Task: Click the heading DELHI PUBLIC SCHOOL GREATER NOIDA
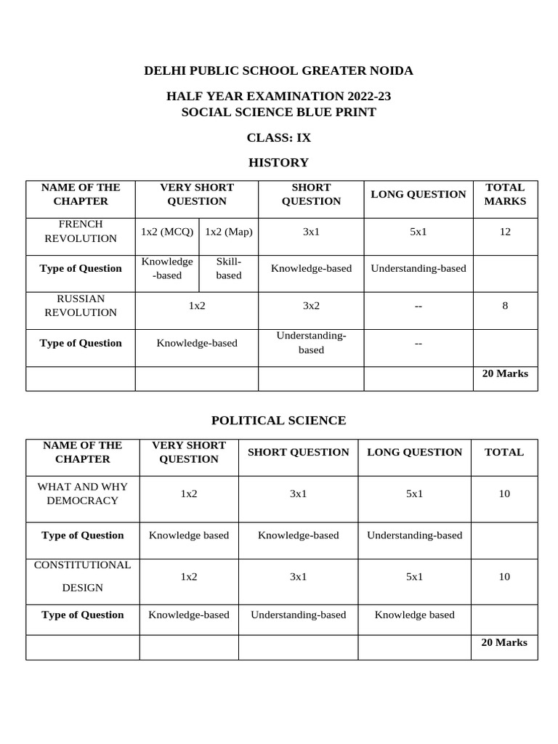pyautogui.click(x=278, y=70)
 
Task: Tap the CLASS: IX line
pyautogui.click(x=278, y=137)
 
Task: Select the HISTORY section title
pyautogui.click(x=278, y=163)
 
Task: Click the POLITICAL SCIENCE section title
pyautogui.click(x=278, y=421)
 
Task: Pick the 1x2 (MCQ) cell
pyautogui.click(x=167, y=232)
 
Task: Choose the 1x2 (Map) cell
pyautogui.click(x=229, y=232)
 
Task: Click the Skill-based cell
pyautogui.click(x=229, y=268)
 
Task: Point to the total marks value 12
pyautogui.click(x=505, y=232)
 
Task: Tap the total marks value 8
pyautogui.click(x=505, y=306)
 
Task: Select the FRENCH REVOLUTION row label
pyautogui.click(x=81, y=231)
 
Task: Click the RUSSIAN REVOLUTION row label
pyautogui.click(x=81, y=306)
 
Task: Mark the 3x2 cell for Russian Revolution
pyautogui.click(x=311, y=306)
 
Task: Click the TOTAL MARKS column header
pyautogui.click(x=505, y=194)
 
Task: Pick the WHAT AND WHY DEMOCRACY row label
pyautogui.click(x=82, y=493)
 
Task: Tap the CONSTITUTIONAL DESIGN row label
pyautogui.click(x=82, y=576)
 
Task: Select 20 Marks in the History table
pyautogui.click(x=505, y=374)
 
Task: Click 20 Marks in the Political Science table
pyautogui.click(x=504, y=643)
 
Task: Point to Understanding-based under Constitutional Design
pyautogui.click(x=298, y=615)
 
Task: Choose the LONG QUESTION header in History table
pyautogui.click(x=418, y=194)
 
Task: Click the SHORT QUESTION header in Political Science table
pyautogui.click(x=298, y=452)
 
